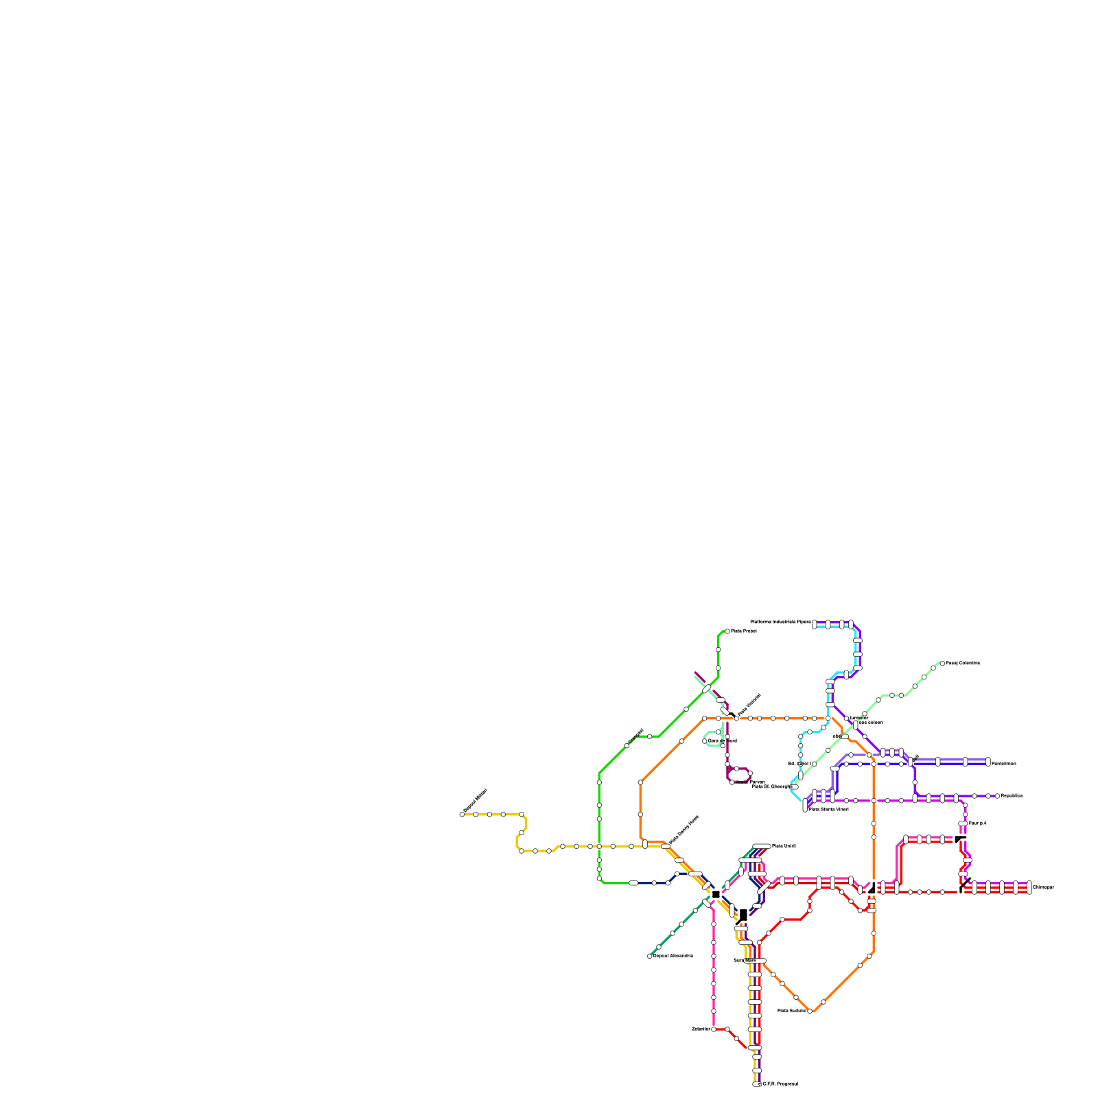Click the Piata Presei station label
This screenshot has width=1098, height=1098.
[744, 631]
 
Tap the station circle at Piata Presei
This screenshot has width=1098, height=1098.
[727, 631]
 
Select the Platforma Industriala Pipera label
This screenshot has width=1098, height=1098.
[780, 622]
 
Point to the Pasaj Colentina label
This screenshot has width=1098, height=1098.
[963, 663]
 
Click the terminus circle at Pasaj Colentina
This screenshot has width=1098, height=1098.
[942, 664]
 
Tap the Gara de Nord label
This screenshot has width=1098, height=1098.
[723, 740]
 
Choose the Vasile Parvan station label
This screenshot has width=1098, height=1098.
[749, 782]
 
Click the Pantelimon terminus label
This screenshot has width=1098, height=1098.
[1004, 763]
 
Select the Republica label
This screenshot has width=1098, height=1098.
[1012, 795]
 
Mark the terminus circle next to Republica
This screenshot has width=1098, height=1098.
[997, 796]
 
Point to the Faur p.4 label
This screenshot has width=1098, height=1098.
[977, 823]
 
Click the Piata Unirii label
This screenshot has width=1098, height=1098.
[784, 845]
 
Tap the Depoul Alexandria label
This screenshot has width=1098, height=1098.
[673, 955]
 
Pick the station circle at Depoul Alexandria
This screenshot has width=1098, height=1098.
[650, 956]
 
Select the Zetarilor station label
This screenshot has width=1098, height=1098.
[701, 1029]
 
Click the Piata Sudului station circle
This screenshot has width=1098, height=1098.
[810, 1011]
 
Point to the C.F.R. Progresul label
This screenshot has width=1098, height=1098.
[780, 1084]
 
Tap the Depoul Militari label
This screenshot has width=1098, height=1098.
[476, 801]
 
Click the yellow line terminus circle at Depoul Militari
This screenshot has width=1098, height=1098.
[462, 815]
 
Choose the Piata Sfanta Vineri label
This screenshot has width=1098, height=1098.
[828, 809]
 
